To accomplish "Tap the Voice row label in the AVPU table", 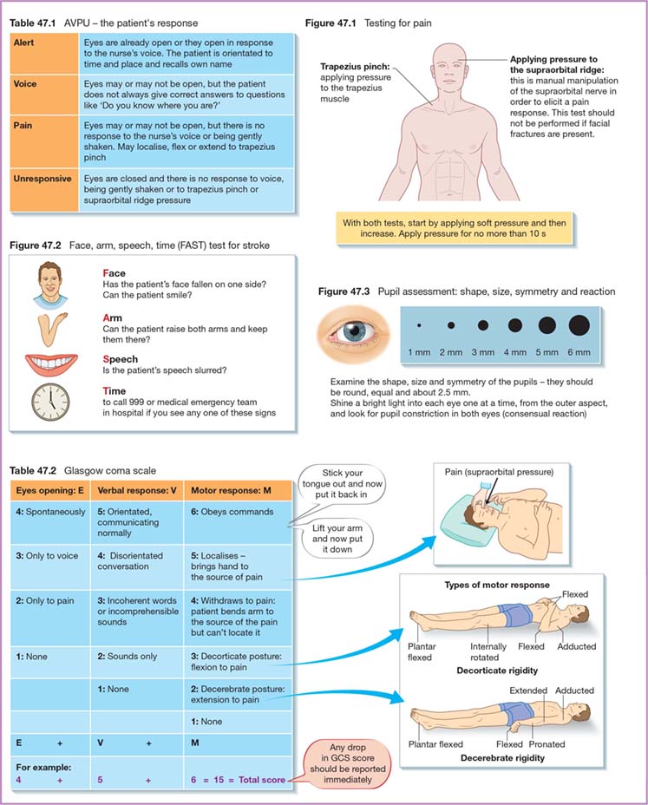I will (26, 84).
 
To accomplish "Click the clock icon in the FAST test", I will (50, 401).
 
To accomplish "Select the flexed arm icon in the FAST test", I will (52, 325).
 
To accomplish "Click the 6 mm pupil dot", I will (579, 325).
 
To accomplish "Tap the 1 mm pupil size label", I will (421, 353).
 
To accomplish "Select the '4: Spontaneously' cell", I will (50, 512).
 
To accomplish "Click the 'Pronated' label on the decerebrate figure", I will (547, 744).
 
